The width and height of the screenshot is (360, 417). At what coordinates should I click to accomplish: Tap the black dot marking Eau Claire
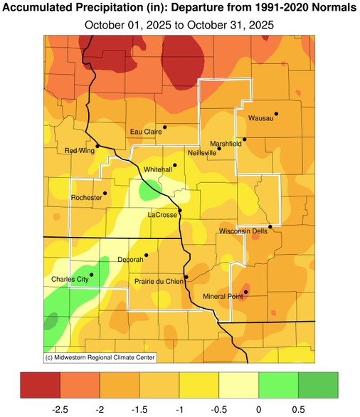pyautogui.click(x=164, y=127)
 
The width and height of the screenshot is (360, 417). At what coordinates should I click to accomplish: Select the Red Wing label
pyautogui.click(x=80, y=150)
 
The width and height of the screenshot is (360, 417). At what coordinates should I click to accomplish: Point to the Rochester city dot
pyautogui.click(x=105, y=193)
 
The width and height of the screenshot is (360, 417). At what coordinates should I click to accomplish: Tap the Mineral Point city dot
pyautogui.click(x=245, y=292)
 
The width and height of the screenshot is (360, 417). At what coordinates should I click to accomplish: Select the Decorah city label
pyautogui.click(x=131, y=260)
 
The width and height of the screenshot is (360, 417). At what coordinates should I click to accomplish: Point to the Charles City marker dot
pyautogui.click(x=91, y=275)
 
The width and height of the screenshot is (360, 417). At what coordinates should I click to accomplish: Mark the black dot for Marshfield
pyautogui.click(x=244, y=139)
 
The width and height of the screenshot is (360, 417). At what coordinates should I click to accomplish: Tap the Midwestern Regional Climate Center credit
pyautogui.click(x=100, y=357)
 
